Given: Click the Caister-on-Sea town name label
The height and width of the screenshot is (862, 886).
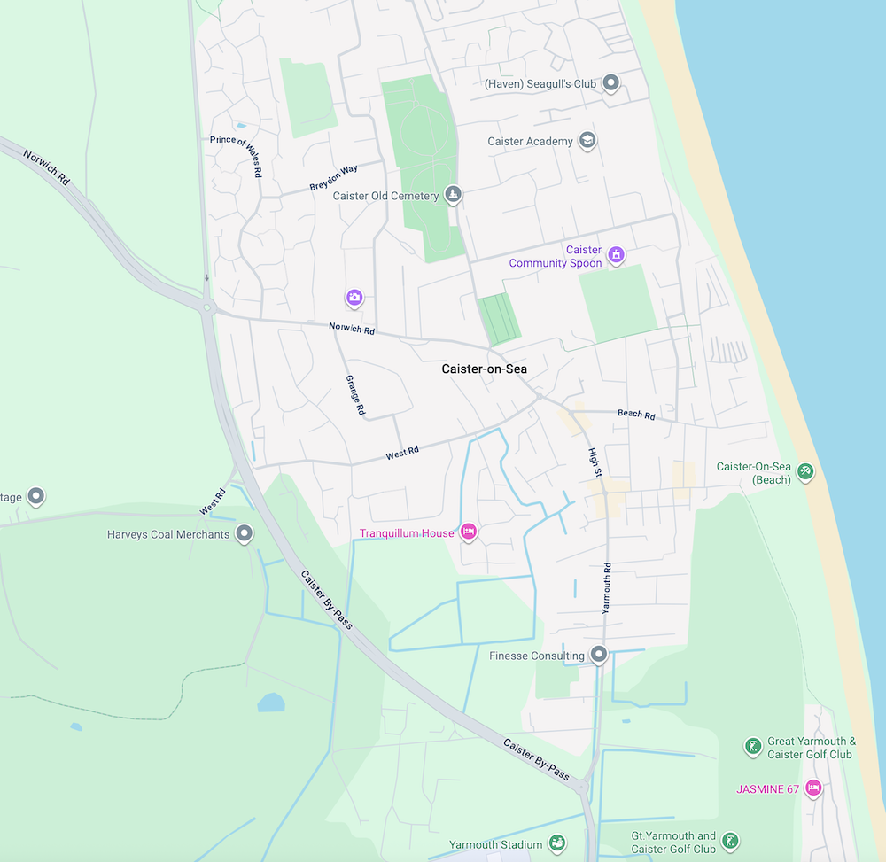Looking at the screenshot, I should (x=484, y=369).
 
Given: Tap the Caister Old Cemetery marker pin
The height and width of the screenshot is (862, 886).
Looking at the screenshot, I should (x=453, y=194).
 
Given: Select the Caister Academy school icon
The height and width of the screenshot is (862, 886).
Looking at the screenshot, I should (x=587, y=140).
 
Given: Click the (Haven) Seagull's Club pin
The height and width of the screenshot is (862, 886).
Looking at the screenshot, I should (x=610, y=83).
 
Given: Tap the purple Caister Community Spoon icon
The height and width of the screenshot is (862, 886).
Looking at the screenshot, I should (x=617, y=255).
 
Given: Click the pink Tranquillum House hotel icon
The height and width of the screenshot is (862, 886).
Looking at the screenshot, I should (x=469, y=532).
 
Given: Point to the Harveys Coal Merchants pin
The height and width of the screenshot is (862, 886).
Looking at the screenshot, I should (x=244, y=533).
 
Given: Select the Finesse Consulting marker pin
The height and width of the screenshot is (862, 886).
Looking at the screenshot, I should (x=599, y=655).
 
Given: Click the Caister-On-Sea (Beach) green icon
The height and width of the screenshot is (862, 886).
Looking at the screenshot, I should (x=805, y=471).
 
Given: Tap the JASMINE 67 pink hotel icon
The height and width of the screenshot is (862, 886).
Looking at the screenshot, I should (x=813, y=788).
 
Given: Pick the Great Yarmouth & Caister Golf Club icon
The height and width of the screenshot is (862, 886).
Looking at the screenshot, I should (x=752, y=747).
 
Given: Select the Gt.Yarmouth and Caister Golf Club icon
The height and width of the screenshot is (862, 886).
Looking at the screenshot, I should (x=729, y=841).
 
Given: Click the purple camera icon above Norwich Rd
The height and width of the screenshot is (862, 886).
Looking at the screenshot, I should (x=354, y=297).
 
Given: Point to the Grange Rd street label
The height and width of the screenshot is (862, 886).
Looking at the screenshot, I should (x=354, y=394).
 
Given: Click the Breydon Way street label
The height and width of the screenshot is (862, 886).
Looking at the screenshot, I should (x=333, y=177).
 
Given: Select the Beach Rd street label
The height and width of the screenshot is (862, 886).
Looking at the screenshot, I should (x=636, y=414).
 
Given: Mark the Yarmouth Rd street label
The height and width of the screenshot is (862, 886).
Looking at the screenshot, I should (x=607, y=587).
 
